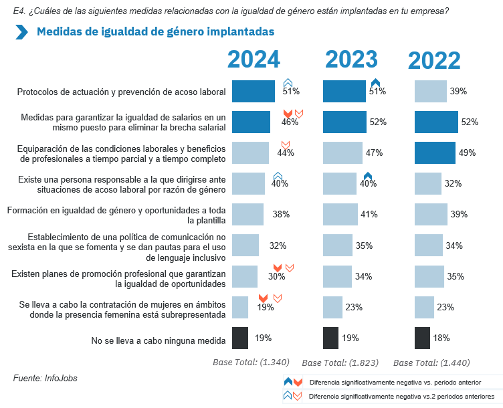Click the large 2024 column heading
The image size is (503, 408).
(254, 60)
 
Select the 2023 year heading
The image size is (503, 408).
(352, 60)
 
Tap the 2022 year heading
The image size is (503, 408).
(434, 61)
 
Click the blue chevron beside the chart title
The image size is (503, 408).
(21, 32)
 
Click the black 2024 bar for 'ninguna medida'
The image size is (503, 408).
(240, 338)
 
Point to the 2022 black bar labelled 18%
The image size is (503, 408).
(422, 338)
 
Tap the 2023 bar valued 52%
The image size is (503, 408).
(344, 122)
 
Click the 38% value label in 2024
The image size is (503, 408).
(281, 215)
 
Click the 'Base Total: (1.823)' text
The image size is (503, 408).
(339, 363)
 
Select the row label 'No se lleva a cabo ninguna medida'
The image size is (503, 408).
(158, 340)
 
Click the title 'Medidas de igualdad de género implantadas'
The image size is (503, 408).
(155, 32)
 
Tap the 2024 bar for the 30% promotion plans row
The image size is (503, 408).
(244, 276)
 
